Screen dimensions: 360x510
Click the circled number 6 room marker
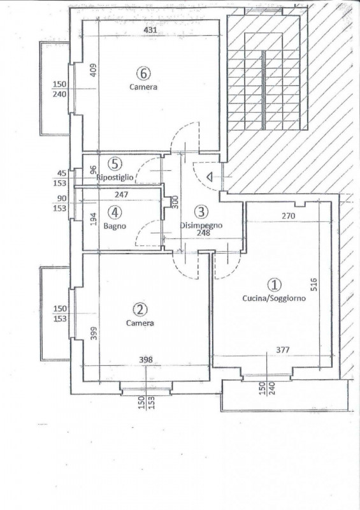click(143, 73)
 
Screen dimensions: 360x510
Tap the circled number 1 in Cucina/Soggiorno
click(274, 285)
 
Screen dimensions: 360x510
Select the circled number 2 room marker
click(140, 309)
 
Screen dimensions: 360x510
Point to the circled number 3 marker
click(201, 212)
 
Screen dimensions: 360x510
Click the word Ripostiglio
click(115, 178)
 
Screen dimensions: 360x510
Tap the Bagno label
click(115, 226)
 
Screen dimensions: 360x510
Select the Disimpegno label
click(201, 226)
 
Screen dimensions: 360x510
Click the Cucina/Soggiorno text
click(274, 298)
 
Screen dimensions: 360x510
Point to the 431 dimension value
click(150, 30)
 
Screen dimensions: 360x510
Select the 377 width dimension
click(283, 350)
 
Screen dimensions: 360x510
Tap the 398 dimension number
click(146, 360)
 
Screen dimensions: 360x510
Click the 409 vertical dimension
click(93, 70)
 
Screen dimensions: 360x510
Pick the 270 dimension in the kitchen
click(288, 215)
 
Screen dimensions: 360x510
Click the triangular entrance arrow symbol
click(210, 177)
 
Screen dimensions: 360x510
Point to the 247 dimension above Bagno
click(121, 195)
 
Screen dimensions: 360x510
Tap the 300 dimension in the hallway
click(175, 202)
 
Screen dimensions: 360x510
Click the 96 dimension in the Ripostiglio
click(93, 170)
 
